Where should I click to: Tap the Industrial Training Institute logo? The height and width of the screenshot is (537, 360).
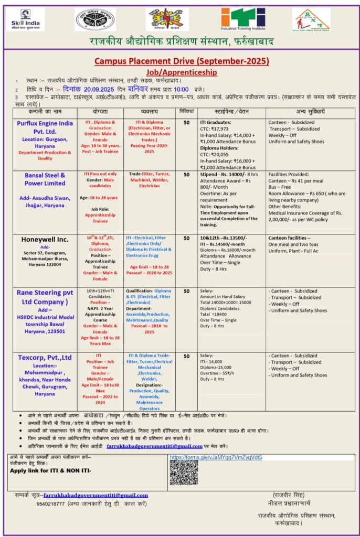(242, 19)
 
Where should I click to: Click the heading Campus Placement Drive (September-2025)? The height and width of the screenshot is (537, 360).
(181, 61)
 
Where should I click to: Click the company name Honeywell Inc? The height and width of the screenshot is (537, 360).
(45, 239)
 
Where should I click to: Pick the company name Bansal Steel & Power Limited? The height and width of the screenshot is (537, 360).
(45, 179)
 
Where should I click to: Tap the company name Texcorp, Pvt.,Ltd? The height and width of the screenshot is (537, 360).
(45, 358)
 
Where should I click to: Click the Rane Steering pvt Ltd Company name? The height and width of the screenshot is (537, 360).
(45, 297)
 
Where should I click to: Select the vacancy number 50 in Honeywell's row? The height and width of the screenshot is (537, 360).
(186, 238)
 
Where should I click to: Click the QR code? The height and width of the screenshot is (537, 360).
(183, 473)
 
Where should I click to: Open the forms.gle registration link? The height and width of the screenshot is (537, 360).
(216, 457)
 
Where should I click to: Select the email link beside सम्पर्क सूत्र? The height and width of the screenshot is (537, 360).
(96, 495)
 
